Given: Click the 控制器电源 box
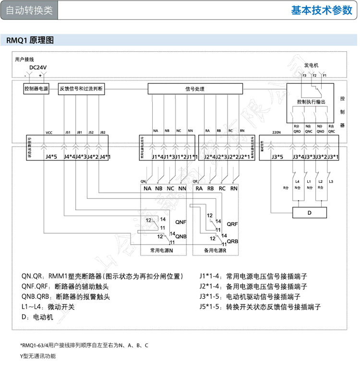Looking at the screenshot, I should (x=36, y=89).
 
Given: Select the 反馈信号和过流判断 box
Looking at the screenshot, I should (x=81, y=89).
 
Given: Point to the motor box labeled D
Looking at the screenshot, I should (x=309, y=212).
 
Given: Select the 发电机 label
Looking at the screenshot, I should (x=311, y=65).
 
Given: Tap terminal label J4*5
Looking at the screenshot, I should (x=51, y=157).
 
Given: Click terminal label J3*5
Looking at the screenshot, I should (x=277, y=157).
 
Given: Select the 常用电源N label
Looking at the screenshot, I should (x=161, y=251).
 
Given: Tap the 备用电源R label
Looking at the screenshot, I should (x=215, y=251).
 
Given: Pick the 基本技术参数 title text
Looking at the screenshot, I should (x=322, y=11).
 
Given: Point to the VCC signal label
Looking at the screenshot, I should (x=49, y=132).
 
